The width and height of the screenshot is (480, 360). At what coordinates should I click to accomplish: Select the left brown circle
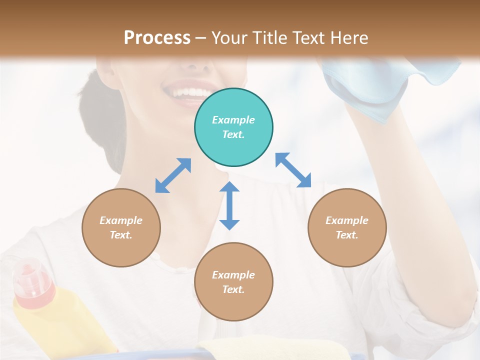121,227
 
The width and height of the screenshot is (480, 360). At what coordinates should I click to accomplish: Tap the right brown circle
347,227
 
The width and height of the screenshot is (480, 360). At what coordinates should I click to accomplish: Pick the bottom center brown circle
233,282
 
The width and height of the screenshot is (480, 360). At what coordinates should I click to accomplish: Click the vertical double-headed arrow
229,205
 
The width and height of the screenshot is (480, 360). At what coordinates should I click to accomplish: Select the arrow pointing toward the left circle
173,175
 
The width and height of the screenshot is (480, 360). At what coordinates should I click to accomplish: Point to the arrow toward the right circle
293,170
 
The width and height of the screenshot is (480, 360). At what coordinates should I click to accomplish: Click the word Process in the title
157,37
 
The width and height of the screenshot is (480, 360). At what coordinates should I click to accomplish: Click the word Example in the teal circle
233,120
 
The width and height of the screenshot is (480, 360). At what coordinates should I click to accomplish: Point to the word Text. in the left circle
121,235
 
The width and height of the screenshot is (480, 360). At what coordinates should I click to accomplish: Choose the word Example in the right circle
347,220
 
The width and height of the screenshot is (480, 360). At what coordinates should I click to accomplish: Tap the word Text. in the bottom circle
233,289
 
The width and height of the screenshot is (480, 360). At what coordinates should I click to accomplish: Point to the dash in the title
201,38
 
